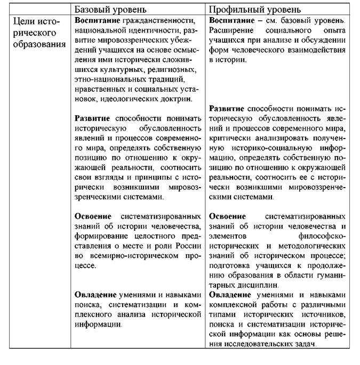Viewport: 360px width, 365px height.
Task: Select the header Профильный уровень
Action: point(254,10)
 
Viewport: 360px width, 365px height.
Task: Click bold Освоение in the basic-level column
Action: point(93,216)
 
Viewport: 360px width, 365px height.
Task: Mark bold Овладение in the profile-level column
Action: point(230,295)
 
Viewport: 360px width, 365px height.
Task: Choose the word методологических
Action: point(310,246)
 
